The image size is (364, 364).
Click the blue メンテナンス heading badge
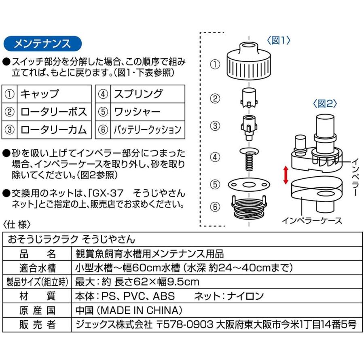coord(42,44)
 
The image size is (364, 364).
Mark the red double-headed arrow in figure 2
coord(286,175)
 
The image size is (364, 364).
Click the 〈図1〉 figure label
coord(278,41)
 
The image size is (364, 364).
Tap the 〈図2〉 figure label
coord(325,104)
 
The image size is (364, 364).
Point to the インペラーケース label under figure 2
coord(312,220)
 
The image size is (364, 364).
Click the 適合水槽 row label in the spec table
coord(37,268)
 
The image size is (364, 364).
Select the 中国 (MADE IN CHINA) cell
coord(129,310)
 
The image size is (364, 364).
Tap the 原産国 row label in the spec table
coord(37,310)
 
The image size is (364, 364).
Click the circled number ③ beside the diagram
coord(216,126)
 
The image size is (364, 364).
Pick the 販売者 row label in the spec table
coord(37,324)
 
